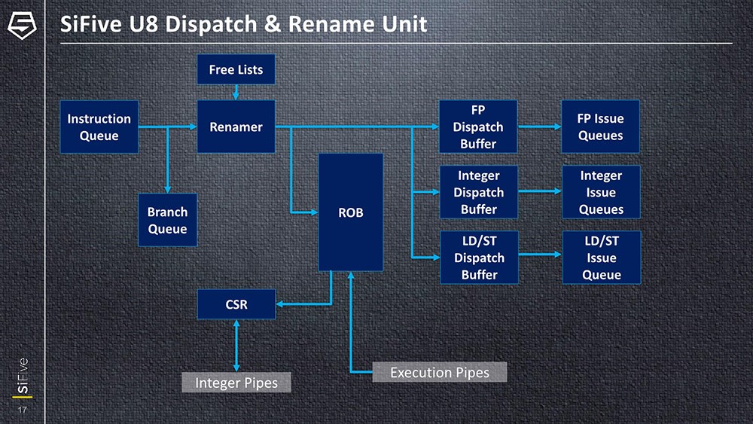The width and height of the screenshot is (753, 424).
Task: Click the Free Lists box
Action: pos(236,70)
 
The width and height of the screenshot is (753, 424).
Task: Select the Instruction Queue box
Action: pos(99,127)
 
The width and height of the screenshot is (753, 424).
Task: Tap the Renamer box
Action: pos(236,127)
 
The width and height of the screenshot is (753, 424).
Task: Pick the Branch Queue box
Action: pos(167,220)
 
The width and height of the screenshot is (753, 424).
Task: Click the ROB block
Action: pos(350,212)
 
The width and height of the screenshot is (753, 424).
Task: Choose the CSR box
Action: pos(236,304)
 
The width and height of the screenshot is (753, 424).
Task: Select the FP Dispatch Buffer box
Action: pos(478,127)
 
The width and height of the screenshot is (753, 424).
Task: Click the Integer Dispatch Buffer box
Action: pos(478,192)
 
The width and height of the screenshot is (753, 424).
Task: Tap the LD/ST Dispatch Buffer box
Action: pos(478,258)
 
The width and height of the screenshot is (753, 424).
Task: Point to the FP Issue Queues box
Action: pos(600,127)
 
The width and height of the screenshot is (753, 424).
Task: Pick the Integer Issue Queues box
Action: pos(601,192)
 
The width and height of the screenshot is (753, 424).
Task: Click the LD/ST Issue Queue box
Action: pos(601,258)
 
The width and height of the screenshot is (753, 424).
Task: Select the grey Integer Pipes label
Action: pos(236,383)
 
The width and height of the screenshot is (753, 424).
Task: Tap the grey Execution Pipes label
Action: pos(439,372)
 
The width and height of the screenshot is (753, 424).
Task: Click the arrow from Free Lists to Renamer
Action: pos(236,92)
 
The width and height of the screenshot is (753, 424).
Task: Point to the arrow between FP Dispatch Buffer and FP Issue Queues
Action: pos(540,127)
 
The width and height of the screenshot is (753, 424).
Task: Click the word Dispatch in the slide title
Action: pos(212,24)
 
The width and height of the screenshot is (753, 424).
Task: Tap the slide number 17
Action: pos(21,410)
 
